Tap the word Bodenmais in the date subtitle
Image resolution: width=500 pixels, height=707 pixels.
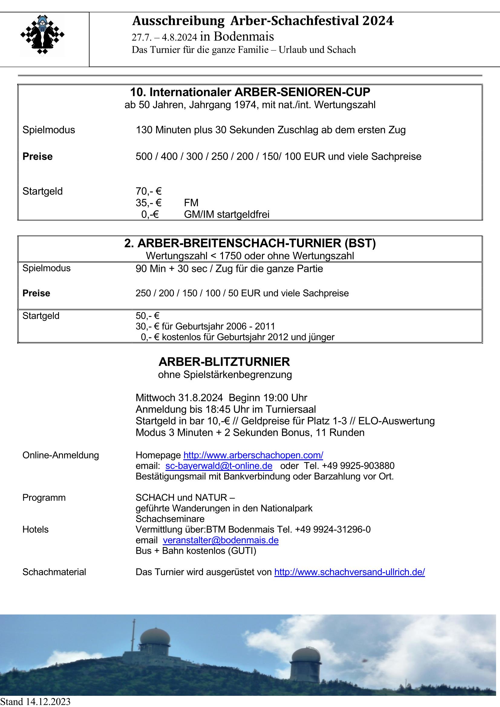(x=244, y=37)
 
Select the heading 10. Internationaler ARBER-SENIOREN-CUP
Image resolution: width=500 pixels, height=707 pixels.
(x=250, y=92)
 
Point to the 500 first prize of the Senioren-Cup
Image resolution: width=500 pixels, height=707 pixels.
(x=144, y=156)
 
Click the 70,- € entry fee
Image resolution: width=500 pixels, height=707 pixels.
(x=149, y=191)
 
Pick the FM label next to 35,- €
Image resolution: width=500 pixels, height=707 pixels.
(x=191, y=203)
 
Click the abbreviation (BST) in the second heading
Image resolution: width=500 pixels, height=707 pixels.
(x=360, y=243)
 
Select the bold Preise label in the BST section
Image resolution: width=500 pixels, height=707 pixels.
(x=36, y=293)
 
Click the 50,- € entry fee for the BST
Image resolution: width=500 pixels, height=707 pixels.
(x=147, y=316)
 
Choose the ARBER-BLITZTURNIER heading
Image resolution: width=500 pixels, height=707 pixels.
(x=224, y=362)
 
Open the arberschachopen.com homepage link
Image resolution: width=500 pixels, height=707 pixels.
(x=253, y=455)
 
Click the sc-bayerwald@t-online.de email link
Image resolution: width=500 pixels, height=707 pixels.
(x=219, y=466)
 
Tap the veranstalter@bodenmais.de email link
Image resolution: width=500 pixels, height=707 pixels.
(x=221, y=540)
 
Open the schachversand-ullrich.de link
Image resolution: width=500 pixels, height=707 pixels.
(x=349, y=572)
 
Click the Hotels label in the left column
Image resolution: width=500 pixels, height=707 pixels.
(x=35, y=529)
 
